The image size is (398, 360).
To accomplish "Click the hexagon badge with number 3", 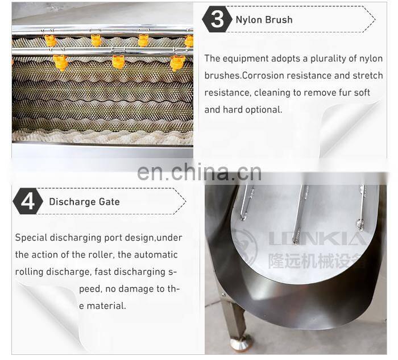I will tap(217, 19).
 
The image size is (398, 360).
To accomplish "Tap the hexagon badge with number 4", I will tap(27, 202).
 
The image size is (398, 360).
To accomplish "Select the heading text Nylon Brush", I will tap(264, 19).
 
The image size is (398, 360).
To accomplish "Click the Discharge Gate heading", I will tap(84, 201).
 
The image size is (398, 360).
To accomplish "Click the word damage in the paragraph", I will tap(138, 289).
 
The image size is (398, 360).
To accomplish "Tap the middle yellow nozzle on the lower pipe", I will tap(118, 61).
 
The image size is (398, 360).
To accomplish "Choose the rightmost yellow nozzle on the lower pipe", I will tap(177, 61).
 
